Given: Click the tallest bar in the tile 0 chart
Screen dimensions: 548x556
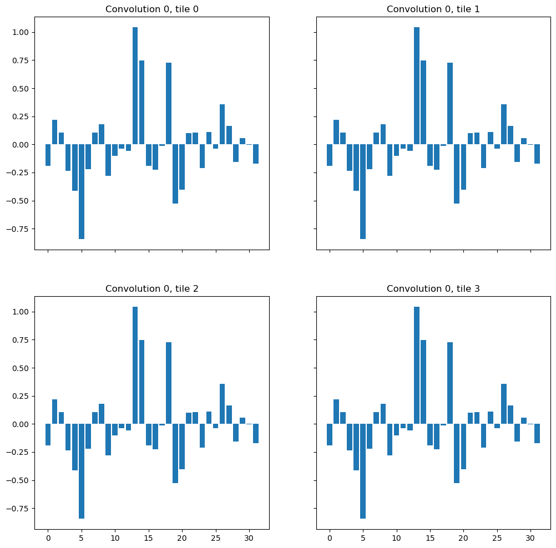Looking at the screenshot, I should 135,85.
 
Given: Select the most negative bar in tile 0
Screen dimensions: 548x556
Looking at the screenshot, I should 82,191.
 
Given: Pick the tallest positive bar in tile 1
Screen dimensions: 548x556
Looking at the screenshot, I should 417,85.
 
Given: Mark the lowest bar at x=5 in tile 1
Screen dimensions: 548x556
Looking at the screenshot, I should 363,191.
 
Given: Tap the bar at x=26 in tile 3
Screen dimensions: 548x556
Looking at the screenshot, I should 503,403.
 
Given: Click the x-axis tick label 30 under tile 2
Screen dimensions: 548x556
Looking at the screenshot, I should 249,537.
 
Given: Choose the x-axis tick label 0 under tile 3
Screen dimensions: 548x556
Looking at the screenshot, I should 330,537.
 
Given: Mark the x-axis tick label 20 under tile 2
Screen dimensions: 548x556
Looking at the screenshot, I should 182,537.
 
